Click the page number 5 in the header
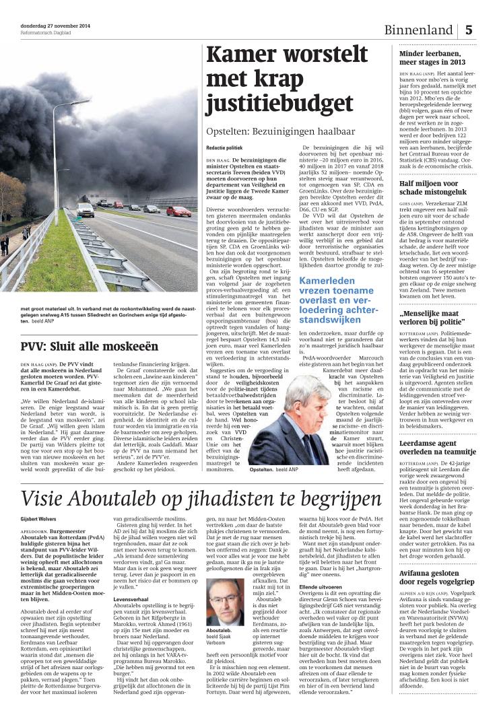pos(469,30)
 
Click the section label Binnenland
pos(418,31)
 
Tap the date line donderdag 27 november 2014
pos(56,26)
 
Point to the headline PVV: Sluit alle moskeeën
pos(90,347)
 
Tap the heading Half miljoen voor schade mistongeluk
pos(438,188)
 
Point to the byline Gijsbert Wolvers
pos(38,521)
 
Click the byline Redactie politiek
pos(224,147)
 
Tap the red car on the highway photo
pos(179,211)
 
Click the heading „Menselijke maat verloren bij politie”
pos(439,318)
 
